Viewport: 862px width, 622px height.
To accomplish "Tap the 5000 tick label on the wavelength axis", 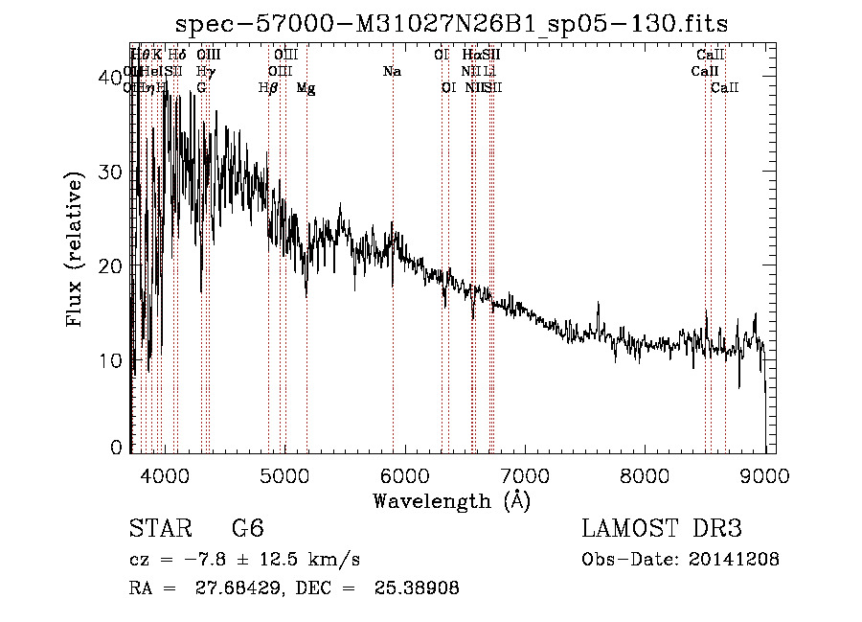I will (x=285, y=475).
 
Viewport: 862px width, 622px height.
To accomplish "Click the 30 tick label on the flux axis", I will (x=112, y=173).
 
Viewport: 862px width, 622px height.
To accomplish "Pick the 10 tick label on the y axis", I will (x=112, y=360).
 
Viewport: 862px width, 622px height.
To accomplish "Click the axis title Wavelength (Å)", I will (x=451, y=500).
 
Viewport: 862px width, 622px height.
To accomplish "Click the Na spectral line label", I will (x=391, y=72).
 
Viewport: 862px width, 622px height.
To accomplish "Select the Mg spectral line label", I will (x=306, y=88).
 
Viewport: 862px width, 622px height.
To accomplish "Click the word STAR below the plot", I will (x=157, y=529).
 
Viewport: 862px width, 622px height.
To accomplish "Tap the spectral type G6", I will (x=247, y=529).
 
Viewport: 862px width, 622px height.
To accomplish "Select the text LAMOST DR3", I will (x=662, y=529).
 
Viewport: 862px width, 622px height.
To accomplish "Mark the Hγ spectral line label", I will (x=205, y=72).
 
